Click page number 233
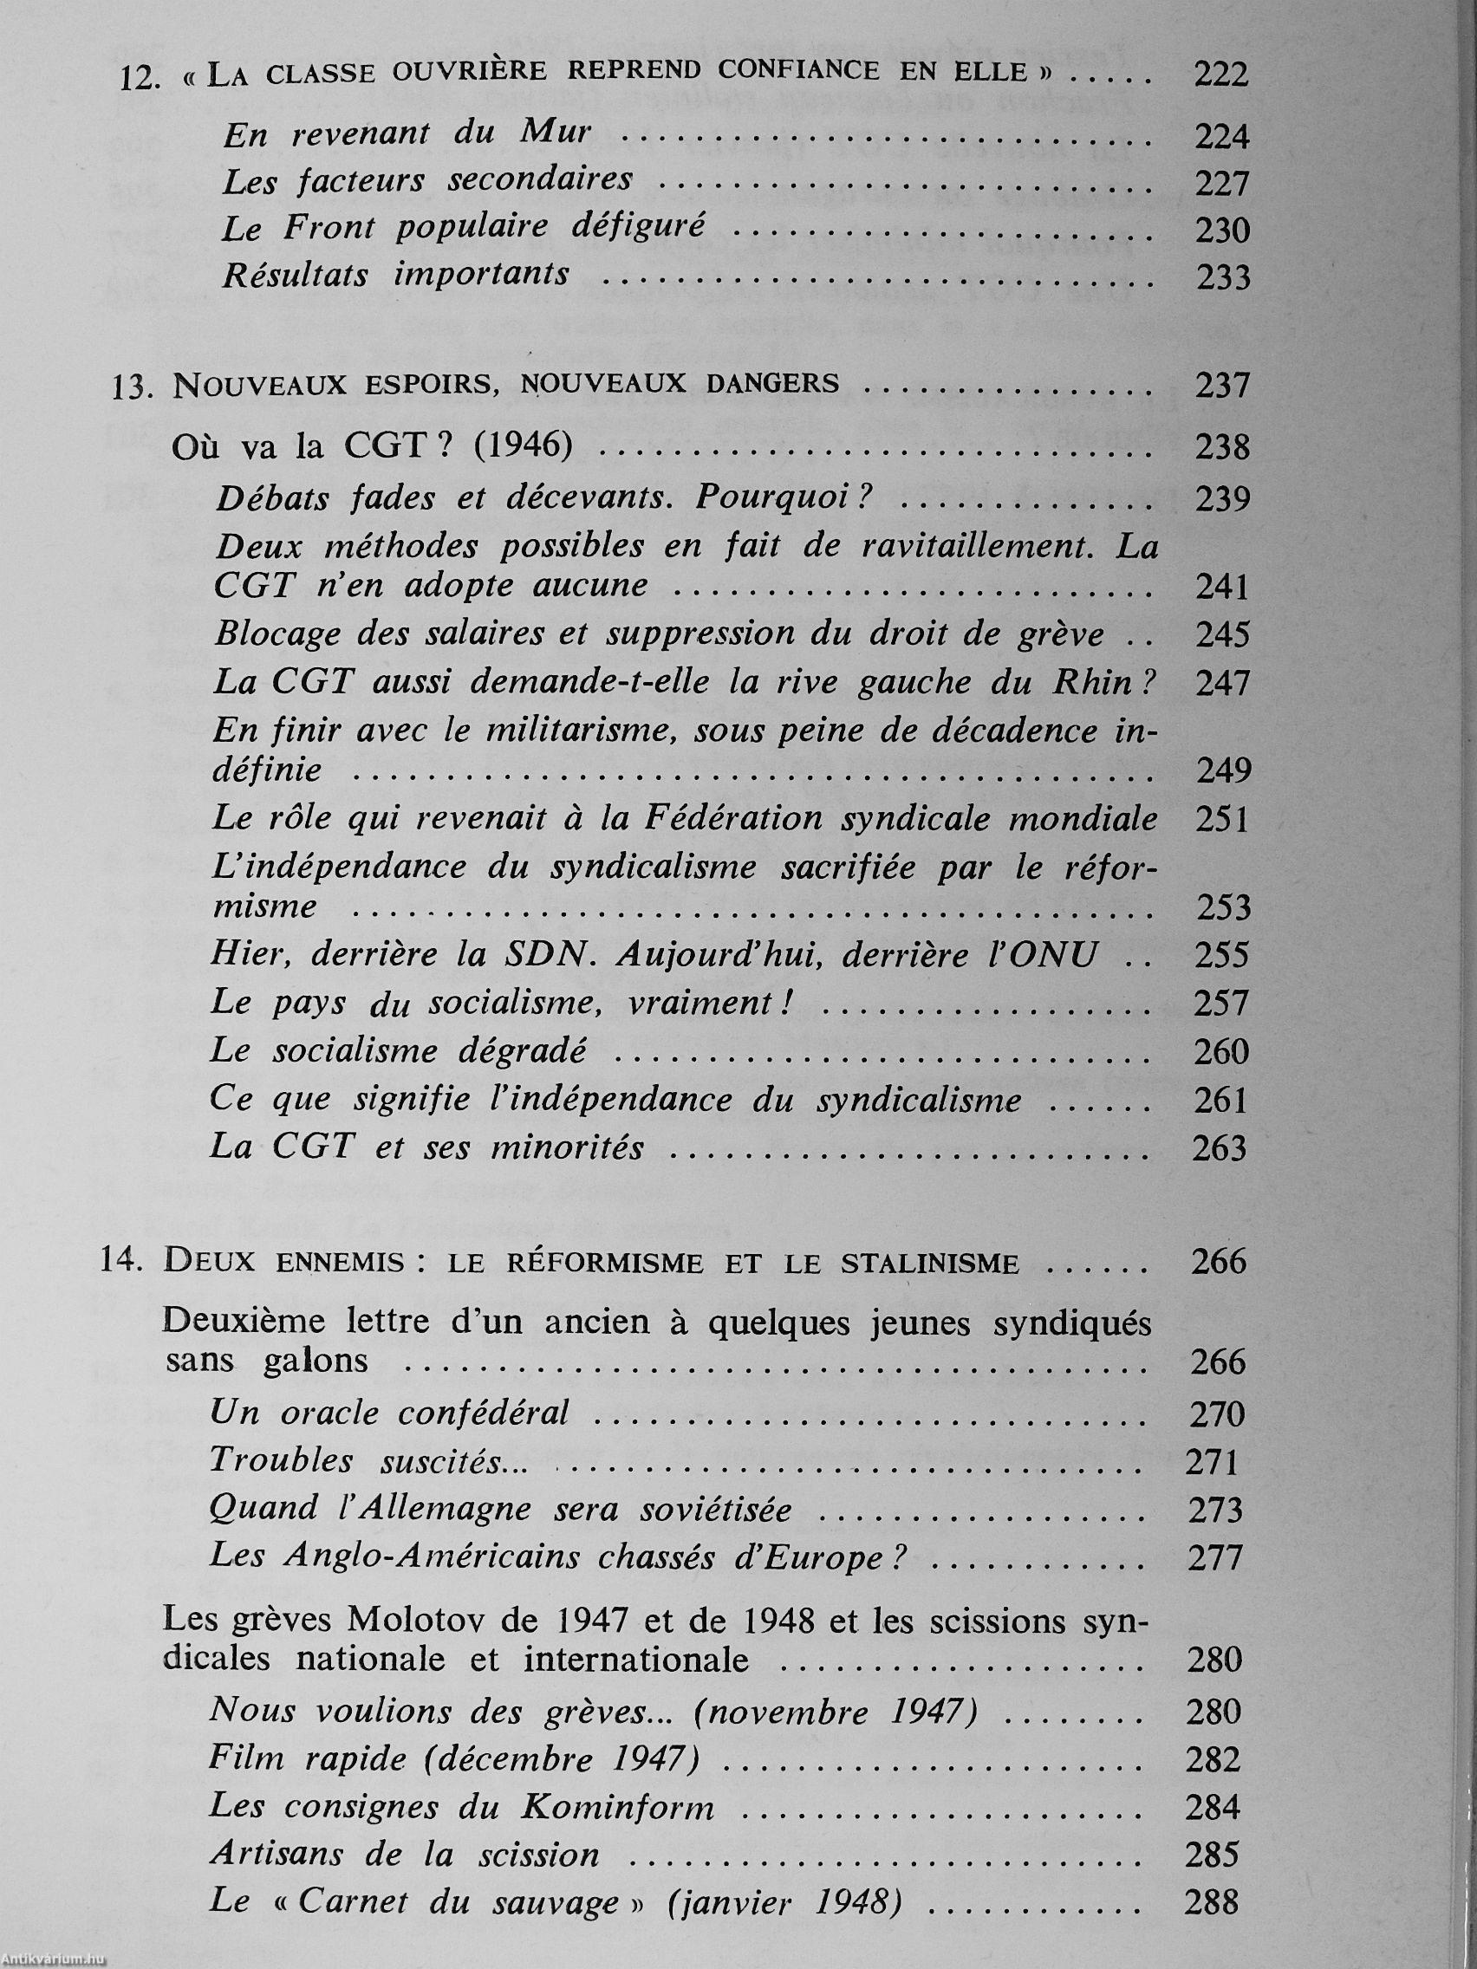coord(1221,278)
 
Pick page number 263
coord(1220,1148)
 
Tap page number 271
coord(1213,1462)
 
